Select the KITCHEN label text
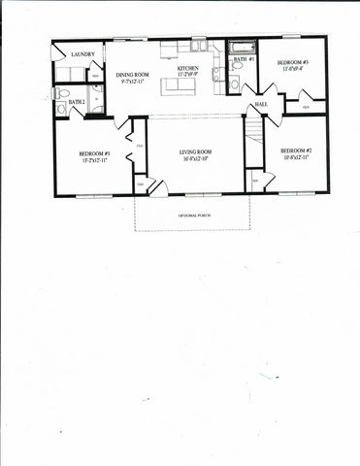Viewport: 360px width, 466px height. (x=188, y=68)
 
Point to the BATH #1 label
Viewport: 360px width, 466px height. (x=245, y=59)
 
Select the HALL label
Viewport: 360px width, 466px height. (x=261, y=104)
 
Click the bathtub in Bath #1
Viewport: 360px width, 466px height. (x=242, y=46)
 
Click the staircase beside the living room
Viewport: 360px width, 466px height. (x=253, y=131)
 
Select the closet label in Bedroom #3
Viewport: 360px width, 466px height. (x=306, y=106)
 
